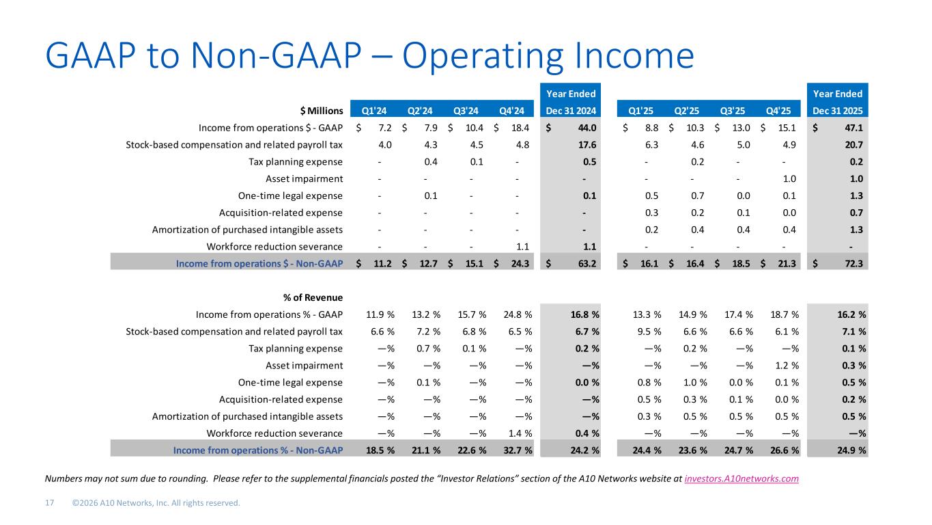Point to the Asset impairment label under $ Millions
304,179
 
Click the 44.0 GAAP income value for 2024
587,127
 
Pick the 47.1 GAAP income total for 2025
853,127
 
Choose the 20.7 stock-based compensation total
853,144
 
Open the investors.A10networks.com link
742,479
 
